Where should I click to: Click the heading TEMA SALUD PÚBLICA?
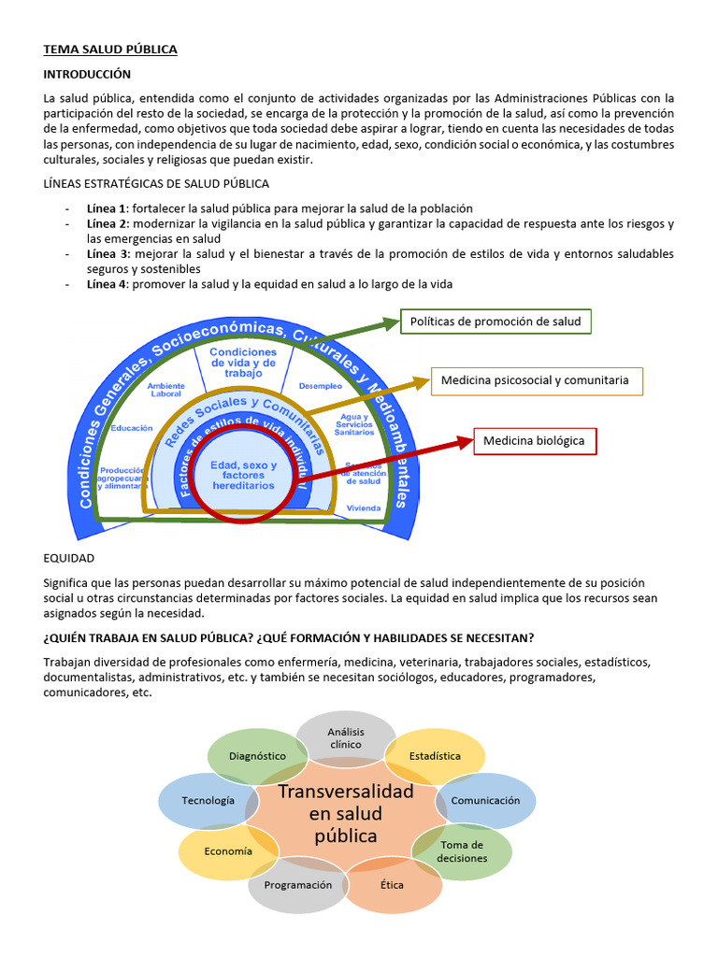pos(110,50)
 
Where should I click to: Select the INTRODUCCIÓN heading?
pos(87,74)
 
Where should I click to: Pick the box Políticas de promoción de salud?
pos(495,321)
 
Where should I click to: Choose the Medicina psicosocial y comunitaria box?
pos(536,380)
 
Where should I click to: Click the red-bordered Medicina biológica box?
pos(534,440)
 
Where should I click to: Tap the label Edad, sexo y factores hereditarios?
pos(243,476)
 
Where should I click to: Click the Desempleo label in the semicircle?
pos(320,385)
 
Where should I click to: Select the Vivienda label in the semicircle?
pos(364,507)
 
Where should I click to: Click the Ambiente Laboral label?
pos(165,389)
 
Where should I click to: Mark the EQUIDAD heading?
pos(69,558)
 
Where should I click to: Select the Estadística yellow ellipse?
pos(435,755)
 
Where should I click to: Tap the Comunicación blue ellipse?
pos(486,801)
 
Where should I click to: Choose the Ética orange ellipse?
pos(393,885)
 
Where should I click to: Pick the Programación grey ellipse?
pos(297,885)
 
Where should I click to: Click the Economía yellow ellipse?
pos(227,851)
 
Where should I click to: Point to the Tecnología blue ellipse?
pos(208,801)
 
